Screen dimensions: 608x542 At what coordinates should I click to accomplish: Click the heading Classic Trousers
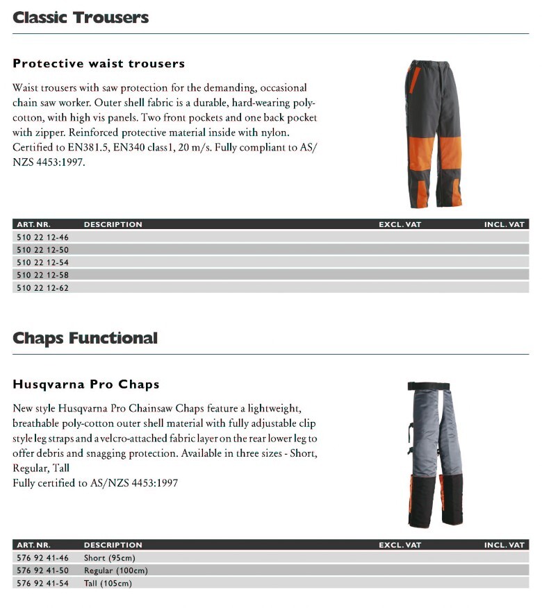81,17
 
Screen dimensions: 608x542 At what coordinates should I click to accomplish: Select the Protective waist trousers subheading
99,64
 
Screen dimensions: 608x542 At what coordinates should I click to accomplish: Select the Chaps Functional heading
85,338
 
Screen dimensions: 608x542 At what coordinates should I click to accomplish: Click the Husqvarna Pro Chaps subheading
86,385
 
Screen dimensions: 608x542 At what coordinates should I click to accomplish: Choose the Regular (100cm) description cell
115,571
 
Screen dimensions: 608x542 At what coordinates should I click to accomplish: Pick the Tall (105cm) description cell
108,583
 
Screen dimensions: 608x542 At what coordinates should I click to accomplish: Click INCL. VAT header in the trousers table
504,225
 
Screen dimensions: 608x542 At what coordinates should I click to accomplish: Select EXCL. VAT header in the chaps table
400,546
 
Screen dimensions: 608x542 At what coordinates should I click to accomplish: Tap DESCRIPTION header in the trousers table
113,225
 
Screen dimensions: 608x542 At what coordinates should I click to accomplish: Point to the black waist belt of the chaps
434,387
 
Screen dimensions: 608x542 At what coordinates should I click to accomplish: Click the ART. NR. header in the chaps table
33,546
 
